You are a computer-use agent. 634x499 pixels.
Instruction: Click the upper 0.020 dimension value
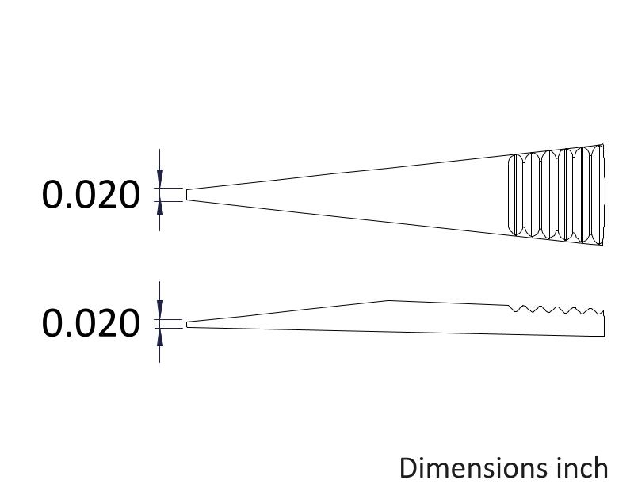[90, 194]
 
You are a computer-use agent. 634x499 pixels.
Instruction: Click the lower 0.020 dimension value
[90, 323]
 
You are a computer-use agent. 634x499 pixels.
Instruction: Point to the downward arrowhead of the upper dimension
[160, 181]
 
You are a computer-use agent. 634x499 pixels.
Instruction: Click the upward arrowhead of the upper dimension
[160, 207]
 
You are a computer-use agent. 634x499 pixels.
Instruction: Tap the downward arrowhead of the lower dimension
[160, 312]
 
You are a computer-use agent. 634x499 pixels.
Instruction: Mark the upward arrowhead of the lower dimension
[160, 336]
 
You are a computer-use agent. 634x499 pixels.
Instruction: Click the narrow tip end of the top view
[187, 194]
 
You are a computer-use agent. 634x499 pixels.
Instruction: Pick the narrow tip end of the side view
[187, 324]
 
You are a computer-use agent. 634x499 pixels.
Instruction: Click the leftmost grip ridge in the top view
[513, 194]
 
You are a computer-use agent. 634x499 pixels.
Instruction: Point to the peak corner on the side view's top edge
[388, 300]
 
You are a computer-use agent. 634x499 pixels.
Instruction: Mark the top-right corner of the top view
[604, 145]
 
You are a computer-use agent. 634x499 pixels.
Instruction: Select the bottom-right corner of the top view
[604, 244]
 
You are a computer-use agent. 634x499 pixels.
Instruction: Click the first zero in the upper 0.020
[54, 194]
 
